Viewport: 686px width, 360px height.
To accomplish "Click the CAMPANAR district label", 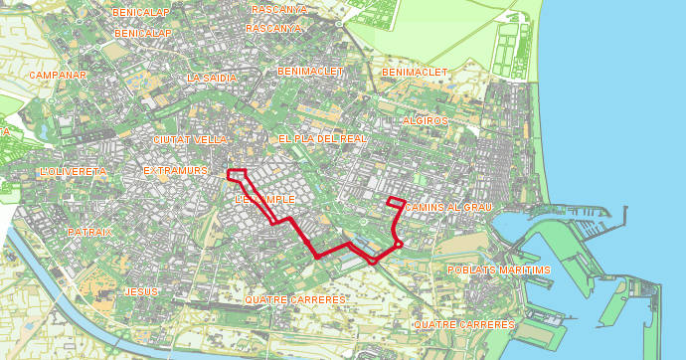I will click(x=59, y=75).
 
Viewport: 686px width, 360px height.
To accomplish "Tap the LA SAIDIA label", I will click(x=213, y=78).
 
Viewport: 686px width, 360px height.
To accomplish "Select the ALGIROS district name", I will click(x=426, y=120).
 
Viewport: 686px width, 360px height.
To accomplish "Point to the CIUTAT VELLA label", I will click(x=191, y=140).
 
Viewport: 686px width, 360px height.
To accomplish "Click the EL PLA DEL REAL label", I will click(x=322, y=139).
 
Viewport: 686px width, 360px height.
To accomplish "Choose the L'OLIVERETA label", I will click(x=74, y=172).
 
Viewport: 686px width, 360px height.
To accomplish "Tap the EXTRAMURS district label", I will click(x=175, y=171).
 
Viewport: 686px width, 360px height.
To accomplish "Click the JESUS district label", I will click(x=142, y=291).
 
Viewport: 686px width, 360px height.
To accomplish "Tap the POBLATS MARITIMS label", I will click(x=498, y=270).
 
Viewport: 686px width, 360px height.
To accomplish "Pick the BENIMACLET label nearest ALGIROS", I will click(x=416, y=73).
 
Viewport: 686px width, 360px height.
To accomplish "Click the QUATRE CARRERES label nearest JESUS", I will click(x=295, y=299).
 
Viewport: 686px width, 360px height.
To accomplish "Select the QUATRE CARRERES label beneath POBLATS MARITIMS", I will click(x=464, y=325).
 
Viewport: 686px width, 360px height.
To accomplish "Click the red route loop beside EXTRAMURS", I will click(x=238, y=175).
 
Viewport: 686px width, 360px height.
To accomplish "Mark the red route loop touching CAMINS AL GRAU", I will click(x=395, y=203).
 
